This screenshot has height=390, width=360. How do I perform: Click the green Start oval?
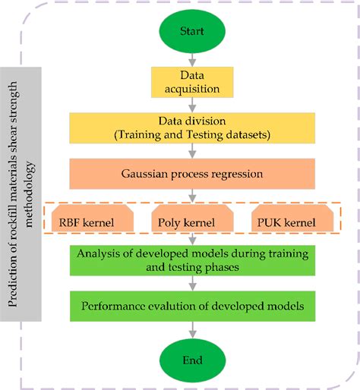192,33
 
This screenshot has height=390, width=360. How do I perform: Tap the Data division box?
192,128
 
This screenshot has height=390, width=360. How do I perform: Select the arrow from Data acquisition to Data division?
192,105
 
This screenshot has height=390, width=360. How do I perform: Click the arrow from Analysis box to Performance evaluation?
192,285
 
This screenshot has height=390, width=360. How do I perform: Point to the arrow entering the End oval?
192,331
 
